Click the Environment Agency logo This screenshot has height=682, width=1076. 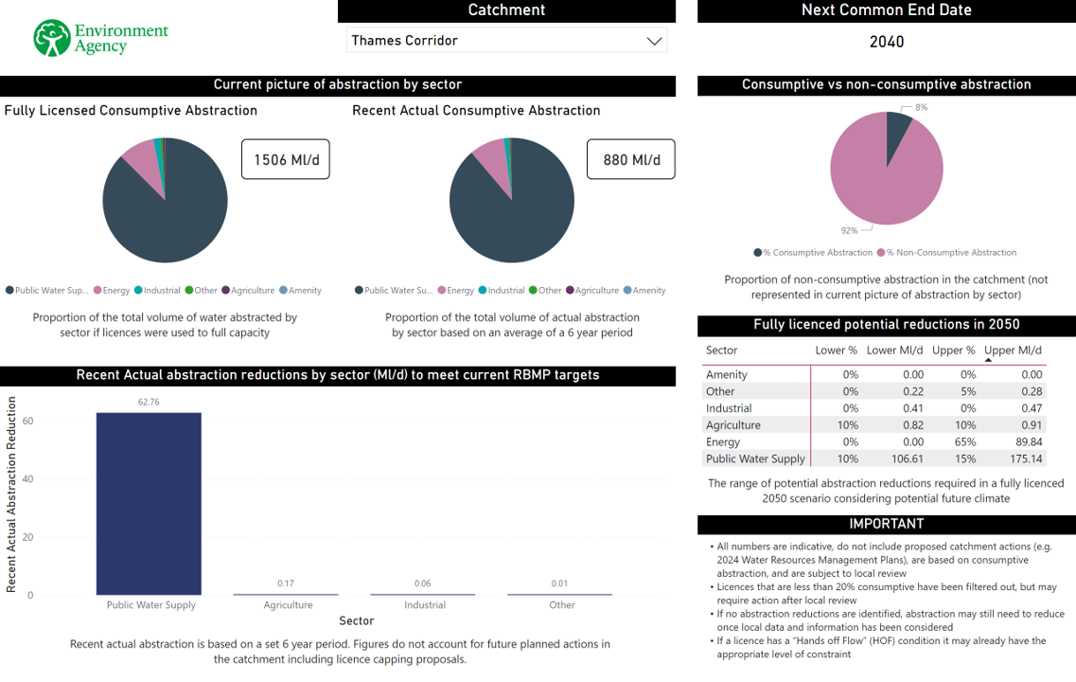[x=100, y=38]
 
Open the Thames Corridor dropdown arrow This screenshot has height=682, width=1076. [x=653, y=41]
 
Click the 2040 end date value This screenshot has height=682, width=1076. [x=886, y=42]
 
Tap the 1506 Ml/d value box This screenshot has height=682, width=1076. [x=286, y=160]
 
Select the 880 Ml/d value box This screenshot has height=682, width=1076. [x=631, y=160]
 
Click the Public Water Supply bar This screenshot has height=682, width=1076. [x=149, y=503]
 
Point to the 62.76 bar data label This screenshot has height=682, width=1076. [x=149, y=402]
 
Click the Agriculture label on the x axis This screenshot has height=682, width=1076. [x=288, y=604]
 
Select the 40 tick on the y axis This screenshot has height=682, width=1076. [x=27, y=479]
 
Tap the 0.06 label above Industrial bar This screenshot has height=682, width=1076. [x=425, y=583]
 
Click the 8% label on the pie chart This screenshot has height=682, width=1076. [x=921, y=108]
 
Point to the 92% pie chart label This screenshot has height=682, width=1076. [x=849, y=230]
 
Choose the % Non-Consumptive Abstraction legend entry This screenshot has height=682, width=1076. [x=946, y=253]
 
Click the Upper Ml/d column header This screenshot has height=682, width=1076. [x=1013, y=350]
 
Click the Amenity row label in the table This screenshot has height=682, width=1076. [x=727, y=375]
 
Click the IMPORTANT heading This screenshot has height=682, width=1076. [x=886, y=524]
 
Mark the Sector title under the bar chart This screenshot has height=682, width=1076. [x=356, y=621]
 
